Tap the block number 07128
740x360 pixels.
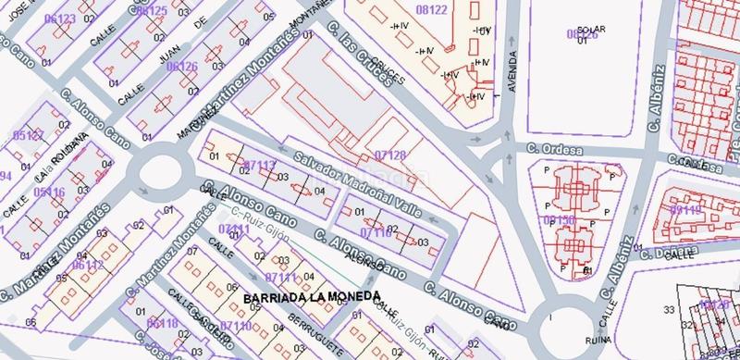[x=390, y=154]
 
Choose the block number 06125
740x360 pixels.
[x=151, y=11]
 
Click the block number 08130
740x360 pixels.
[x=561, y=220]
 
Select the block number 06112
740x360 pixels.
[x=88, y=266]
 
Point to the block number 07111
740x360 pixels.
[x=279, y=276]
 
